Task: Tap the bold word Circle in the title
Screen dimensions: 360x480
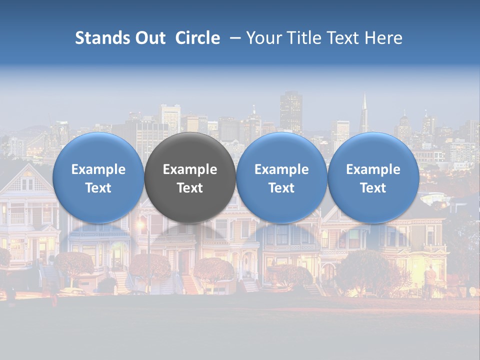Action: (197, 38)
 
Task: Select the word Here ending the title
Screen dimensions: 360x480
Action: (383, 38)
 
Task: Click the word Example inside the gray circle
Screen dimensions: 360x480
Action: (190, 169)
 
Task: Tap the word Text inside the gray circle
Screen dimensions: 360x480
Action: (190, 188)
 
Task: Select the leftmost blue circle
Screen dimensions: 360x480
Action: (98, 150)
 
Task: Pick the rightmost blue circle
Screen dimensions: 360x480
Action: (373, 150)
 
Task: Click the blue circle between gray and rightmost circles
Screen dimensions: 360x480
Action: (281, 150)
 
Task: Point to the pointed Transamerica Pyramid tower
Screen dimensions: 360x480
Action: (364, 112)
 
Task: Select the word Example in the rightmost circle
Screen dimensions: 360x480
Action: (373, 169)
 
